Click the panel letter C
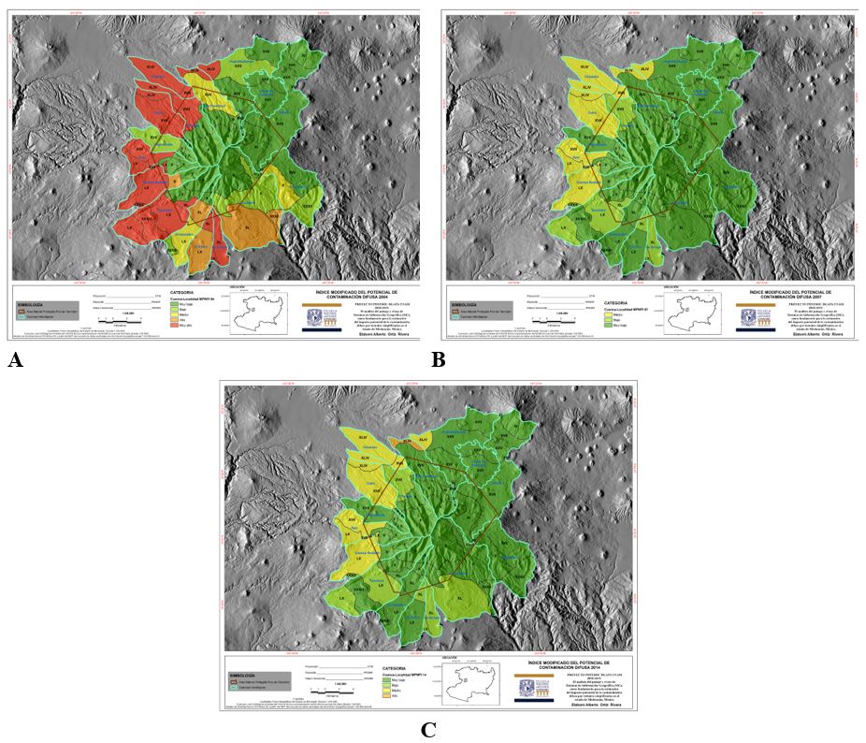click(x=428, y=730)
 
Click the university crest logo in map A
click(x=316, y=317)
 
